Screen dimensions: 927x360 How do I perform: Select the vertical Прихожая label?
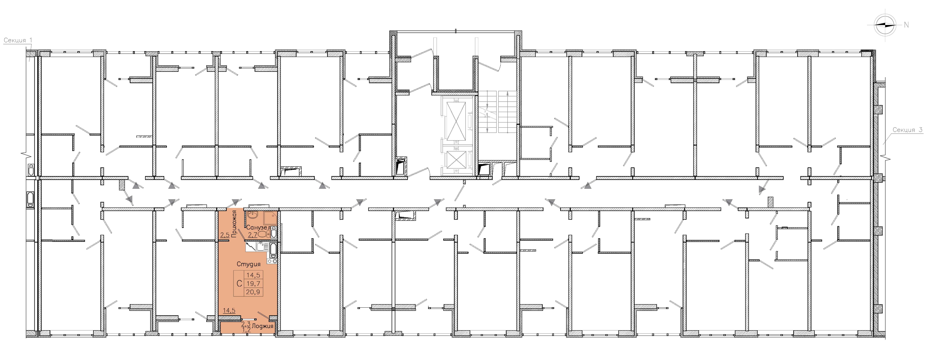[234, 224]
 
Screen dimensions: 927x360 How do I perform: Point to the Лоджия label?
[263, 326]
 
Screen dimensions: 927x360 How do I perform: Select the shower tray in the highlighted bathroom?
[270, 218]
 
